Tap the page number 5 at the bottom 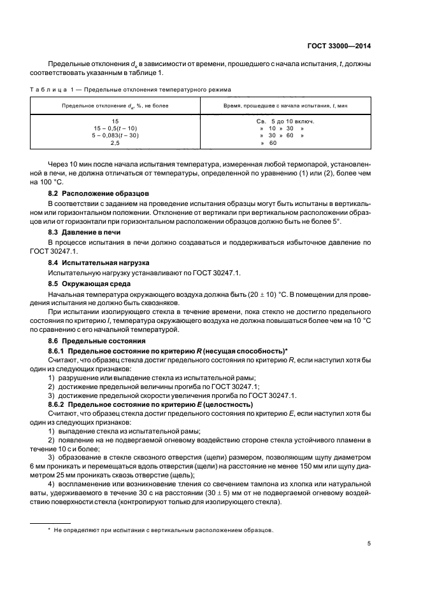(369, 544)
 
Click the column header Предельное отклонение (115, 105)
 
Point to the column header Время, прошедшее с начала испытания (285, 105)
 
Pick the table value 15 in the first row (115, 121)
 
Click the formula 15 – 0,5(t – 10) (115, 128)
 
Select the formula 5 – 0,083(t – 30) (115, 135)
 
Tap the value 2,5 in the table (115, 143)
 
